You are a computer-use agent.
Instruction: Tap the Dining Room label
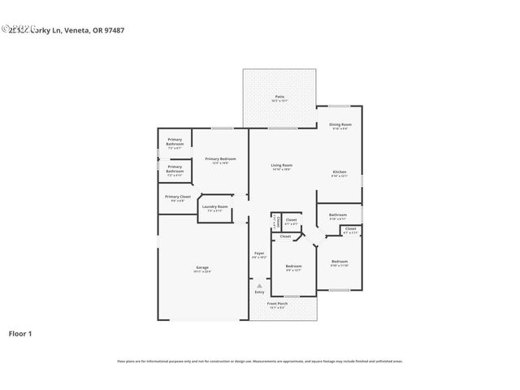coord(340,124)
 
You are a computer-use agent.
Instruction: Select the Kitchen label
coord(340,172)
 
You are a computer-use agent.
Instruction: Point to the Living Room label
coord(281,166)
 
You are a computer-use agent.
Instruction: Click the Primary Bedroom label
coord(220,159)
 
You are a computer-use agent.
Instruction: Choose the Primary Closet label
coord(177,197)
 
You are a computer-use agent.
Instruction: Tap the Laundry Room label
coord(215,207)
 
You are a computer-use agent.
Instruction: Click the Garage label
coord(201,267)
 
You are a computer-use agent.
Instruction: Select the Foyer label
coord(258,253)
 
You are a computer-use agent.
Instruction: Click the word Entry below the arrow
coord(258,292)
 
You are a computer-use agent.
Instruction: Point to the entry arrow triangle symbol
coord(258,285)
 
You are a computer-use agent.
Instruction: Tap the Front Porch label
coord(277,304)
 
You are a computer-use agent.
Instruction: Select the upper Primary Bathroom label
coord(175,141)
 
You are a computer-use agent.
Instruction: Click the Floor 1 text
coord(20,333)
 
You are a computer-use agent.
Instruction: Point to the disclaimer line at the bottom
coord(259,361)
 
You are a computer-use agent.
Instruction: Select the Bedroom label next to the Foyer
coord(292,266)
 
